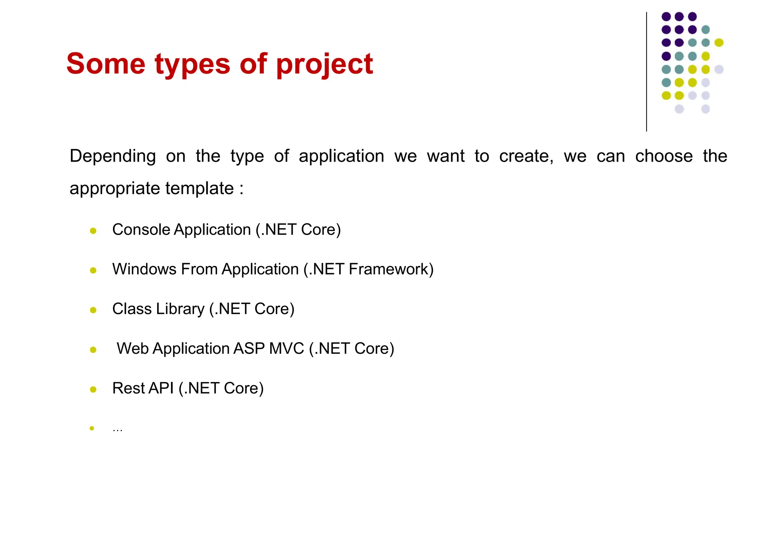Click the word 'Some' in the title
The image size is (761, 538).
tap(106, 64)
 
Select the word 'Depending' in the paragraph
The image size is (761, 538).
tap(113, 156)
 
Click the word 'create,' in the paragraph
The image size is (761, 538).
tap(526, 156)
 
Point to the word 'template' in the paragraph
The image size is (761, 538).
tap(200, 189)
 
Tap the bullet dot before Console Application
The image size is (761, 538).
tap(93, 231)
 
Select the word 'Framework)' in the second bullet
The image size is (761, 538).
tap(391, 269)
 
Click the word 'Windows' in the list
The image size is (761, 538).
tap(144, 269)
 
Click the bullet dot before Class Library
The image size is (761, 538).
tap(93, 310)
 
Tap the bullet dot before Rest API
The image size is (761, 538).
tap(93, 389)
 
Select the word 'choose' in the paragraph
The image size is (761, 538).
tap(664, 156)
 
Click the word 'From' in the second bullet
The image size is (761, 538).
tap(199, 269)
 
